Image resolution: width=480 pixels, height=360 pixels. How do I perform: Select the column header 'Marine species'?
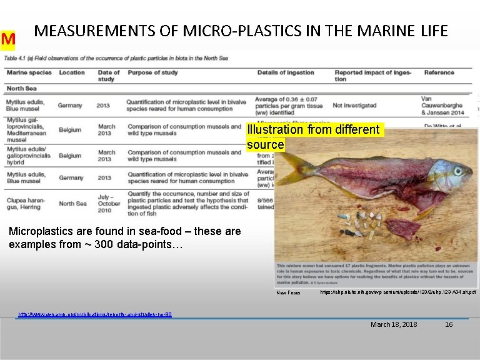29,72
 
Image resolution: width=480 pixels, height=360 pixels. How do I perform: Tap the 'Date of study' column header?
109,76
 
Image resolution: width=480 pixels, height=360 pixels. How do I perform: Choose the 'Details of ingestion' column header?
286,72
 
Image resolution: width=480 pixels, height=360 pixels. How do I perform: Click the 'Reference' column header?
439,72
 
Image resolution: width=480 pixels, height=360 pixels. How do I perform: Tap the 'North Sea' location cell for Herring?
72,203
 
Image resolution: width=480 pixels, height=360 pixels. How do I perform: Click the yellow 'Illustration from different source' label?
313,137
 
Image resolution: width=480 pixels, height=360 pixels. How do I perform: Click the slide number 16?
448,324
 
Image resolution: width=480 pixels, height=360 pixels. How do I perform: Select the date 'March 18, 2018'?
394,324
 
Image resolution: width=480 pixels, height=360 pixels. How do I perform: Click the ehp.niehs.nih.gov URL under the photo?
397,292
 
